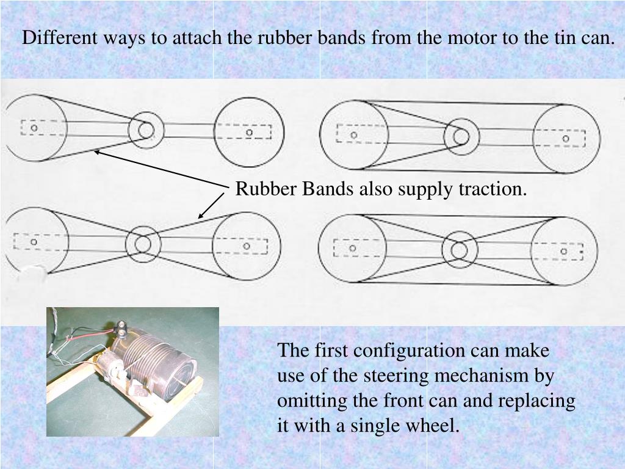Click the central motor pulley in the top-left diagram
pyautogui.click(x=146, y=129)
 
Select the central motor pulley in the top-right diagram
pyautogui.click(x=461, y=136)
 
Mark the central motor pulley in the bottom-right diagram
pyautogui.click(x=459, y=250)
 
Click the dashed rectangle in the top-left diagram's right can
pyautogui.click(x=244, y=132)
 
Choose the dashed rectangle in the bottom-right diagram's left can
pyautogui.click(x=353, y=248)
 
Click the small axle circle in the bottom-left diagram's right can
pyautogui.click(x=247, y=246)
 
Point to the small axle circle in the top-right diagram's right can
pyautogui.click(x=565, y=139)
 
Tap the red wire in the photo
pyautogui.click(x=85, y=334)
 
